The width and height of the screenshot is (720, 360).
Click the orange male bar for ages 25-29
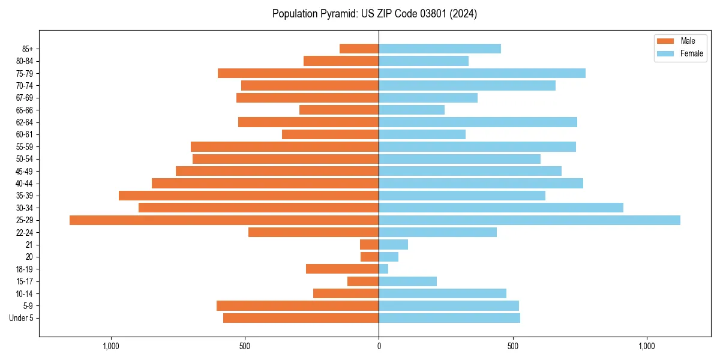tap(224, 220)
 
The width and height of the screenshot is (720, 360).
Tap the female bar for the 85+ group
tap(440, 49)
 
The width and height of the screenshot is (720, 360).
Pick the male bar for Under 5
tap(301, 318)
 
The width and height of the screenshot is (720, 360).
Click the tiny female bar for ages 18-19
tap(383, 269)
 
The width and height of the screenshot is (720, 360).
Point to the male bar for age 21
tap(369, 244)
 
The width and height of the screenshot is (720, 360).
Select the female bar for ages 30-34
tap(501, 208)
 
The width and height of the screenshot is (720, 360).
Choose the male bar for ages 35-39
tap(248, 196)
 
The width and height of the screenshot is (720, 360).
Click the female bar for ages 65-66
tap(412, 110)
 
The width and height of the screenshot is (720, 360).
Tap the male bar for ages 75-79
tap(298, 73)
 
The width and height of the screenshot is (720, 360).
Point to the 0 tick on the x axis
tap(379, 346)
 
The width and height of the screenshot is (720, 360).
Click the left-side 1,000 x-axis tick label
tap(111, 346)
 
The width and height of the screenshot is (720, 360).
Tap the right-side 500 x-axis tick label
tap(512, 346)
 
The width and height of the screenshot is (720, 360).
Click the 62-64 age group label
tap(25, 122)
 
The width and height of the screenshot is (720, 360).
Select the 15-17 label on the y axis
tap(25, 281)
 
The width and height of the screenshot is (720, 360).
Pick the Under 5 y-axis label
tap(22, 318)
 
